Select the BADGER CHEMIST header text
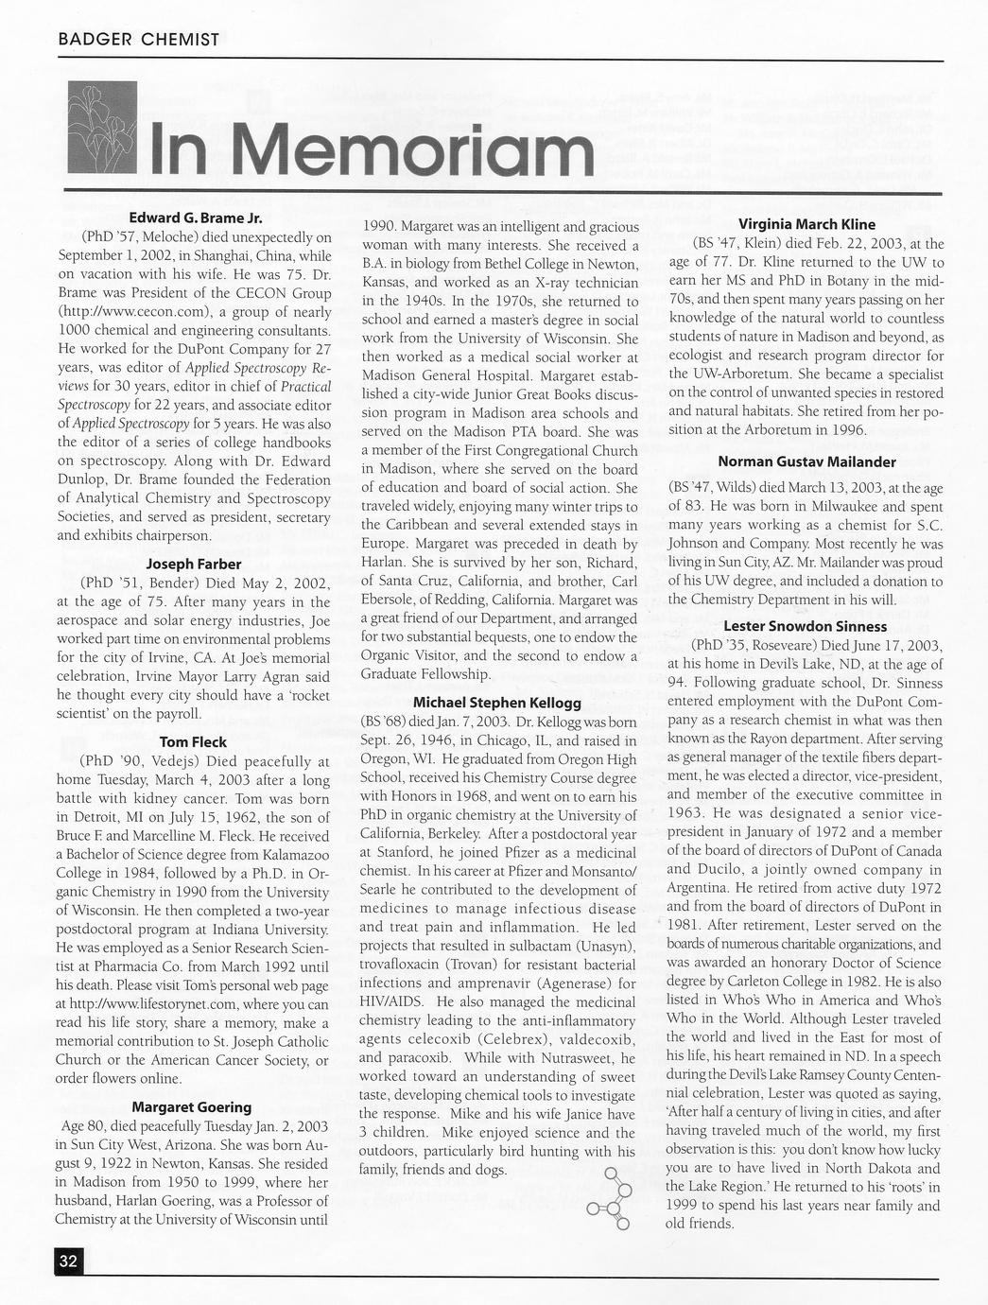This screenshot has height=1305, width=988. point(138,40)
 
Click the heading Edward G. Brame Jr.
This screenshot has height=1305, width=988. point(195,218)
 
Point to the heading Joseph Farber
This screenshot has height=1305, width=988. point(195,564)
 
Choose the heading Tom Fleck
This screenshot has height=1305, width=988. point(194,741)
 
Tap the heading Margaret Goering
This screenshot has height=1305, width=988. point(192,1106)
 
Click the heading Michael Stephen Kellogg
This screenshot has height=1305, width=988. point(497,703)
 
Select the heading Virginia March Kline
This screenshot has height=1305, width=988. point(806,224)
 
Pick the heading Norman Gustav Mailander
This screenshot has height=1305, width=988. point(806,461)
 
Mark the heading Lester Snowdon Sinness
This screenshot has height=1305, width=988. point(806,626)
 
